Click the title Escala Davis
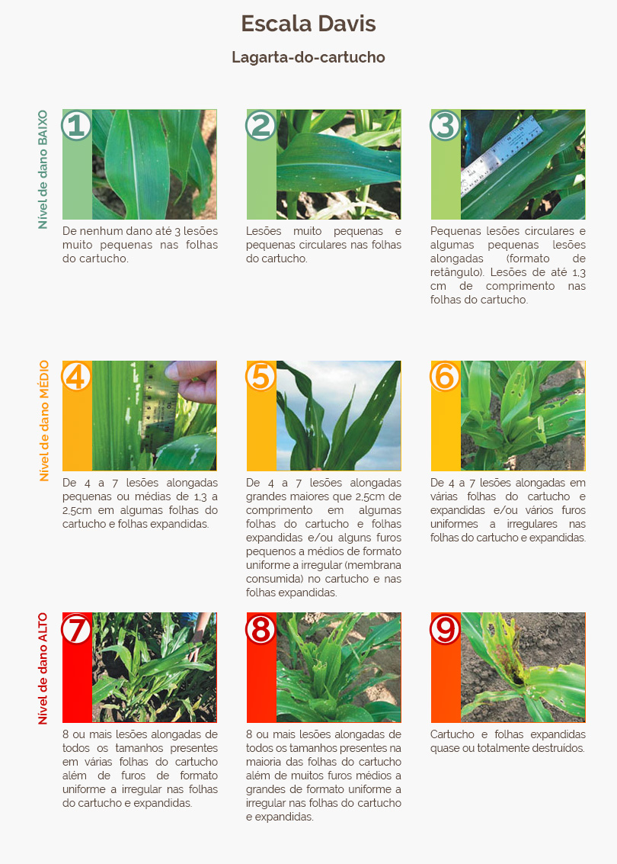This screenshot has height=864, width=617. [308, 24]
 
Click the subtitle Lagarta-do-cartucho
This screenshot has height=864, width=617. [308, 57]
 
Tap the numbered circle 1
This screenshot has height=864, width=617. [76, 125]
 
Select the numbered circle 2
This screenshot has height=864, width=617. [261, 125]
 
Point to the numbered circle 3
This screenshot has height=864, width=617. [445, 125]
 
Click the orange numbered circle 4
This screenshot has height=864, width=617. [76, 377]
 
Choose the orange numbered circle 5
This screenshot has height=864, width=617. [261, 377]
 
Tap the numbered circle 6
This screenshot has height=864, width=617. [445, 377]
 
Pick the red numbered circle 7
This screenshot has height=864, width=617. [76, 628]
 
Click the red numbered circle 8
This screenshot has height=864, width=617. [261, 628]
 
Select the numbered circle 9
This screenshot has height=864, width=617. [445, 628]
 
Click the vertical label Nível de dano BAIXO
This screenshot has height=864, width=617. [43, 170]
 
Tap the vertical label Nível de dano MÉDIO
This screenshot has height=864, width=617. [44, 420]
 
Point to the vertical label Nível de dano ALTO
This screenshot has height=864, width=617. [43, 668]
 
